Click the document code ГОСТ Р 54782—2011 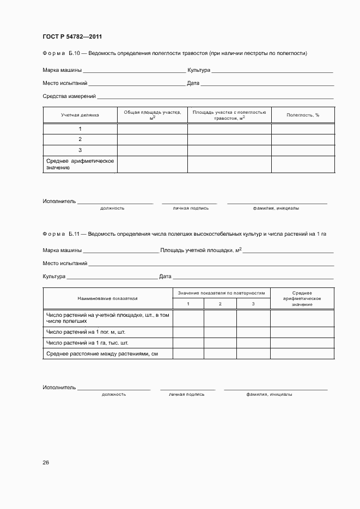coord(72,37)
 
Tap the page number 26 coord(46,463)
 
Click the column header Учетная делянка coord(80,115)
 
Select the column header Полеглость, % coord(303,115)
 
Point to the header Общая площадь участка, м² coord(152,115)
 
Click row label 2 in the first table coord(80,139)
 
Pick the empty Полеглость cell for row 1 coord(303,129)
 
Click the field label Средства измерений coord(69,96)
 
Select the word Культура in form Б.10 coord(198,70)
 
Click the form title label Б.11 coord(74,234)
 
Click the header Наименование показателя coord(107,298)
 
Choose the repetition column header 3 coord(253,303)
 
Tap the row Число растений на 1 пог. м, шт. coord(86,332)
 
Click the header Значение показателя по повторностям coord(221,293)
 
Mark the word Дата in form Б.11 coord(165,277)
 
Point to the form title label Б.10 coord(74,53)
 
